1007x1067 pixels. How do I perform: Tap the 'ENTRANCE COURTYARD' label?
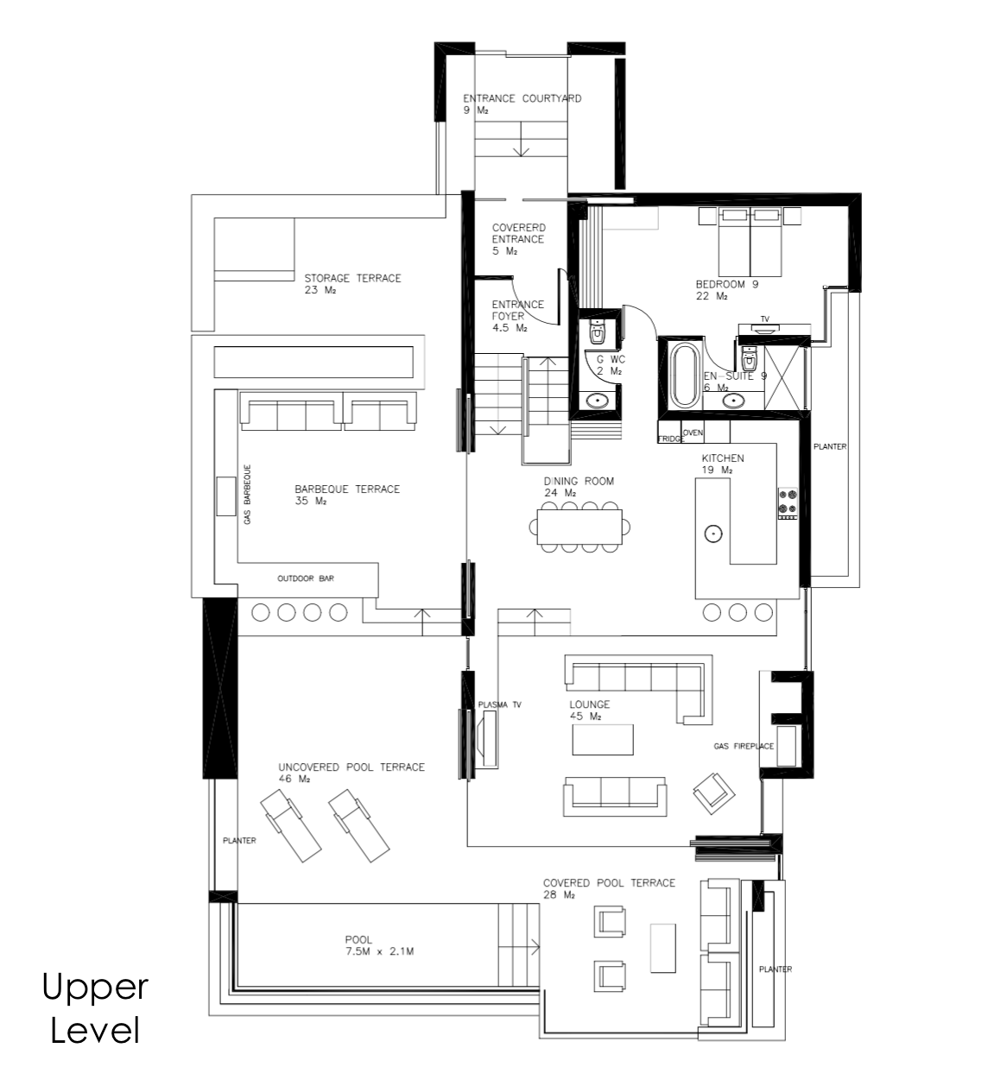522,99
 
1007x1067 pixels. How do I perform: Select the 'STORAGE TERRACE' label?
352,278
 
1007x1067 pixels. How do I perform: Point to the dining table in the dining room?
579,527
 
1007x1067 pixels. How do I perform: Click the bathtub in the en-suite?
683,375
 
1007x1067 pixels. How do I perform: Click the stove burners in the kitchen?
788,503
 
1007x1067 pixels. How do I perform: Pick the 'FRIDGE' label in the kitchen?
671,439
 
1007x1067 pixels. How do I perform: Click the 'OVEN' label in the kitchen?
693,432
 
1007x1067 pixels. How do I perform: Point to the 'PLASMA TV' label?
499,705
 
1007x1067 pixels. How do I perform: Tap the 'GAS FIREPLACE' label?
744,746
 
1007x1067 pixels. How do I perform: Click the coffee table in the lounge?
603,740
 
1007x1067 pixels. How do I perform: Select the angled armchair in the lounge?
714,793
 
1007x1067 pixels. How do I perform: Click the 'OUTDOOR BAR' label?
306,578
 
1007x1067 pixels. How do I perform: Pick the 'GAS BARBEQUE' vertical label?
247,495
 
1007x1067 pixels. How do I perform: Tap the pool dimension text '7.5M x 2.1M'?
380,952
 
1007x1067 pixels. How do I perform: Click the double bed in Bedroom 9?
750,242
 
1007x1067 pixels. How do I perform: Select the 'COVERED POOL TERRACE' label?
609,883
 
